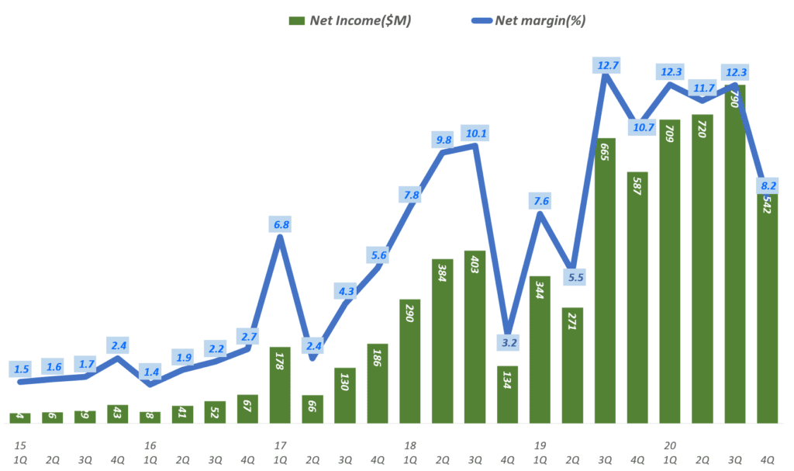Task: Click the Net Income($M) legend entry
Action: click(350, 21)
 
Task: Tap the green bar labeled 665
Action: click(605, 279)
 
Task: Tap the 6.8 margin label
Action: click(281, 225)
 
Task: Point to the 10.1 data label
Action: click(474, 133)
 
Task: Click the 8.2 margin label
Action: click(768, 185)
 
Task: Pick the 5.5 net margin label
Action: click(572, 277)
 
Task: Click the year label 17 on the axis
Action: click(280, 445)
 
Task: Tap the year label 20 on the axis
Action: click(670, 445)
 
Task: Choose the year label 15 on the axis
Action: click(20, 445)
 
